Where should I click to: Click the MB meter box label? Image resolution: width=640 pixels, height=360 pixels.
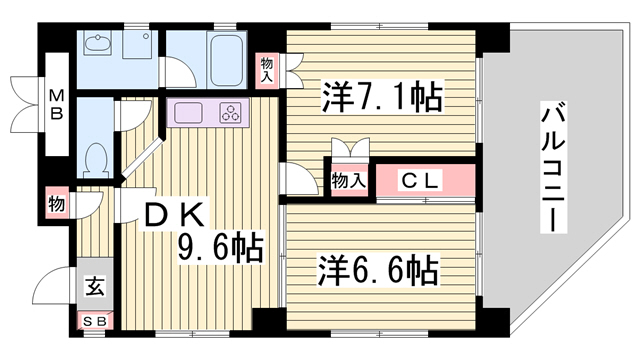click(57, 104)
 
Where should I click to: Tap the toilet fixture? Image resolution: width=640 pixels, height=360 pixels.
click(96, 160)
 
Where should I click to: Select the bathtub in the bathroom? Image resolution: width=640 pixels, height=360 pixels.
click(227, 60)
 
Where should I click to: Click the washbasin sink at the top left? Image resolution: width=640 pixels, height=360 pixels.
click(98, 43)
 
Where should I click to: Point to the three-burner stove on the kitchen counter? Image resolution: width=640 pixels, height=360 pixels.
click(231, 113)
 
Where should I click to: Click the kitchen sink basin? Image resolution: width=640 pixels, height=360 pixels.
click(188, 113)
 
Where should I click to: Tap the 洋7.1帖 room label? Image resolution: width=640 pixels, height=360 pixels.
click(382, 97)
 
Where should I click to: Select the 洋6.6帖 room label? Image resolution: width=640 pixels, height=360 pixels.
click(378, 270)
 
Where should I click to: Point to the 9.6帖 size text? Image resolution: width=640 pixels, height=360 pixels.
click(220, 246)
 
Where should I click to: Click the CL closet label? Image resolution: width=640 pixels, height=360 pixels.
click(420, 180)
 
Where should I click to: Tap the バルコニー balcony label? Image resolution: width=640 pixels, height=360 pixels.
click(553, 167)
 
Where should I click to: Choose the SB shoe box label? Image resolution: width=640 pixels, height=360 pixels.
click(95, 322)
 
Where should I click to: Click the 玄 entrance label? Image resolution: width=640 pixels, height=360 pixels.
click(95, 285)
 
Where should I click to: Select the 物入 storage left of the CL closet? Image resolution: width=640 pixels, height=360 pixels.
click(349, 180)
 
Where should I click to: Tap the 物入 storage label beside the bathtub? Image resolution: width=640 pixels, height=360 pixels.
click(267, 70)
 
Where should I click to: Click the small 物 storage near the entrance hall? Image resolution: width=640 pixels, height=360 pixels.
click(57, 203)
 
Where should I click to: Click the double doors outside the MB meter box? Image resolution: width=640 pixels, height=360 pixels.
click(26, 104)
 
